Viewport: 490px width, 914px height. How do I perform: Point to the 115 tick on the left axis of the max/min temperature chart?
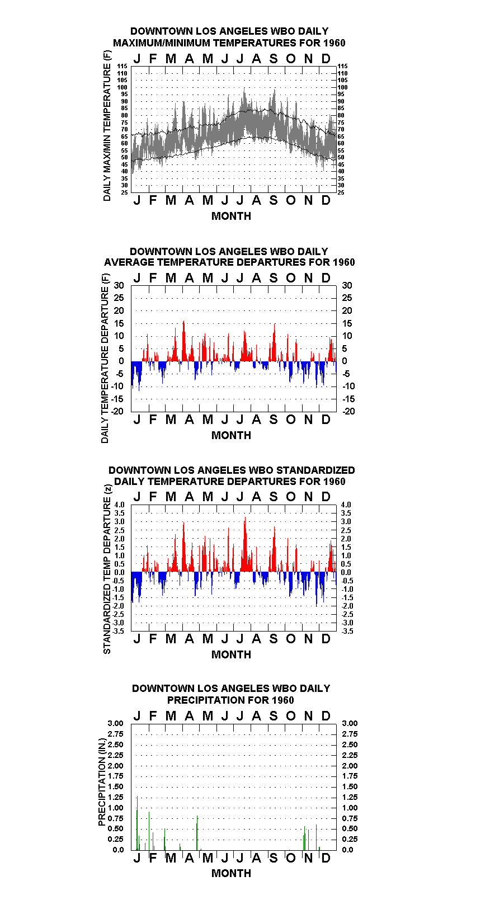pos(123,66)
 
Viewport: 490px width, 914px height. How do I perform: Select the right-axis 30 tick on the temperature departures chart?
pos(347,285)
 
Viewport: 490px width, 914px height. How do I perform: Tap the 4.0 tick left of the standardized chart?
pos(119,505)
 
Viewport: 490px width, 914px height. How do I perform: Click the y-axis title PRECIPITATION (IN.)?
pos(102,782)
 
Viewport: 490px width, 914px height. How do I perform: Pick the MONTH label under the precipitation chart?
pos(232,873)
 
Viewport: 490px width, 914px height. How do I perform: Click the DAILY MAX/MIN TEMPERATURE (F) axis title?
pos(107,126)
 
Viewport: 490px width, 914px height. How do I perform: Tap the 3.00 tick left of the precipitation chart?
pos(115,723)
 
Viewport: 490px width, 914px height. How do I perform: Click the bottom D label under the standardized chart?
pos(326,639)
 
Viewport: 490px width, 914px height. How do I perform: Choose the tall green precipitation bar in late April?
pos(197,833)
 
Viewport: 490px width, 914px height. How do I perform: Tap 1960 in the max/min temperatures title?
pos(334,43)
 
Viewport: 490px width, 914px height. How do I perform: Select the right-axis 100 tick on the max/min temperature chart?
pos(342,87)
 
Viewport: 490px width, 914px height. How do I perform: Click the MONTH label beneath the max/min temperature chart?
pos(232,216)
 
